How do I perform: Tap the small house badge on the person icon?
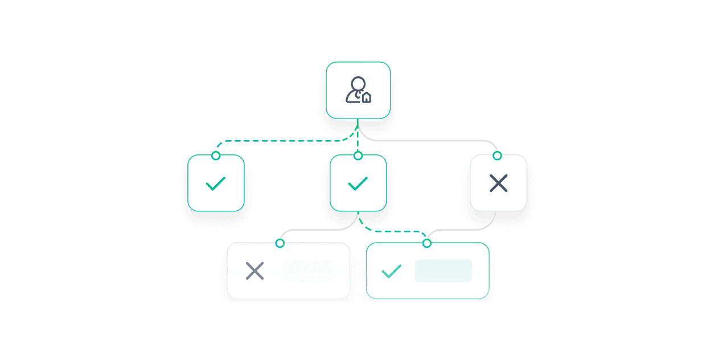point(366,97)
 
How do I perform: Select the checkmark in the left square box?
point(216,183)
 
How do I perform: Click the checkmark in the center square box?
point(358,183)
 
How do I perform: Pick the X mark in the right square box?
point(498,183)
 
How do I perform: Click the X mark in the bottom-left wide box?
point(255,271)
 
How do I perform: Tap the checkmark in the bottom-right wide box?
point(391,271)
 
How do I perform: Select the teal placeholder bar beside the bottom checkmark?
point(443,271)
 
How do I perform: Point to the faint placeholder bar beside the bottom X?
point(307,271)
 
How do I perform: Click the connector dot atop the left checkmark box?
point(215,156)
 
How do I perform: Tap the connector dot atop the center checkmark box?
point(358,156)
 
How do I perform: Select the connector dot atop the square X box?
point(497,156)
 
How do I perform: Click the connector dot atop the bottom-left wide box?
point(280,243)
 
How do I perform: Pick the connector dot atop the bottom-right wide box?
point(426,243)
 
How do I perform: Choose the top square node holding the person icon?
point(358,74)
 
